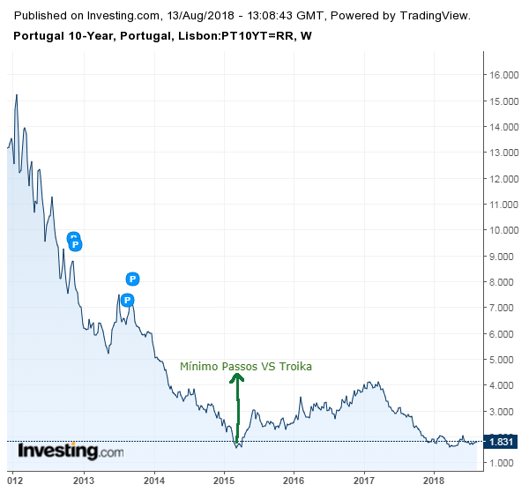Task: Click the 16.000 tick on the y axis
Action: point(503,75)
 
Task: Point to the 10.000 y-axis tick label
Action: point(503,230)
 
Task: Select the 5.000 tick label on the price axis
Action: point(503,360)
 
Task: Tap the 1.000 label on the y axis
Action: point(503,463)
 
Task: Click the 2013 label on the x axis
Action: point(84,481)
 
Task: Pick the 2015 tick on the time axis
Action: point(224,481)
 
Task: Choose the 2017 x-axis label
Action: point(364,481)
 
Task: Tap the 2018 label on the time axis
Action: point(434,481)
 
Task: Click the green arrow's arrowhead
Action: point(237,377)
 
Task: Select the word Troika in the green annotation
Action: point(295,366)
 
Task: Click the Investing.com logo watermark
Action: point(71,451)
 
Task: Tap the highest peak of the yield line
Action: point(16,94)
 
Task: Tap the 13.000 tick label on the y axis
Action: point(503,153)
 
